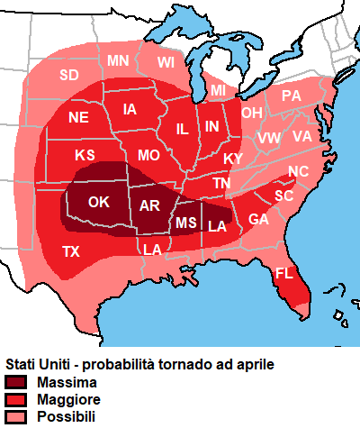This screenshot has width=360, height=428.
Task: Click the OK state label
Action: tap(99, 201)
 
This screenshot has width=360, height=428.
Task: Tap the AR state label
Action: tap(149, 205)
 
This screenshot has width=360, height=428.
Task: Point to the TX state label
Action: tap(71, 251)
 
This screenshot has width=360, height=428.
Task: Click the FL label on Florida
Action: tap(284, 273)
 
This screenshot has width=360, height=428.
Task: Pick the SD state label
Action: tap(69, 75)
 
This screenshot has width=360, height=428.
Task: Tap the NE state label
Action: tap(78, 117)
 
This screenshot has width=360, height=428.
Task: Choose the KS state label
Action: tap(85, 155)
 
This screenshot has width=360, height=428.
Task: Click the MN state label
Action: tap(118, 60)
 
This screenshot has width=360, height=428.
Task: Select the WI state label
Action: tap(165, 62)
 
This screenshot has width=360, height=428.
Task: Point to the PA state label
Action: tap(292, 95)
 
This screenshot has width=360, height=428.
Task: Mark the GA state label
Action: tap(258, 219)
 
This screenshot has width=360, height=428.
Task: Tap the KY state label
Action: tap(233, 159)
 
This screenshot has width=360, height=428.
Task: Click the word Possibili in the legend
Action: tap(66, 416)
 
